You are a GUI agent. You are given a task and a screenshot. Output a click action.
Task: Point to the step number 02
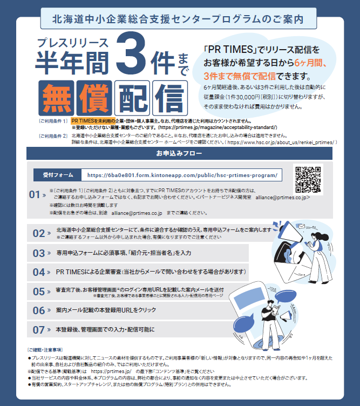(x=38, y=233)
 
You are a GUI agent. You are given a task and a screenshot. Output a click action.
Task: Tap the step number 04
(x=38, y=272)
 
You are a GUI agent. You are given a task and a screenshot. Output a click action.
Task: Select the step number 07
(x=38, y=329)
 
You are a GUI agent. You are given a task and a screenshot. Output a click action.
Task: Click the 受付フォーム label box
(x=54, y=175)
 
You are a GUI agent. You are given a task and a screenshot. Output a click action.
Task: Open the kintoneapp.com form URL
(x=182, y=175)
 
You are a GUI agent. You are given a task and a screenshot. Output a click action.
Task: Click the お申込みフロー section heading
(x=180, y=154)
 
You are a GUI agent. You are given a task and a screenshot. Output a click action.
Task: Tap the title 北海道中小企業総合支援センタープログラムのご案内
(x=179, y=18)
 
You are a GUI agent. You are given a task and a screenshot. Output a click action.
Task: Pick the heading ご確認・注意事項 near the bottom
(x=45, y=350)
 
